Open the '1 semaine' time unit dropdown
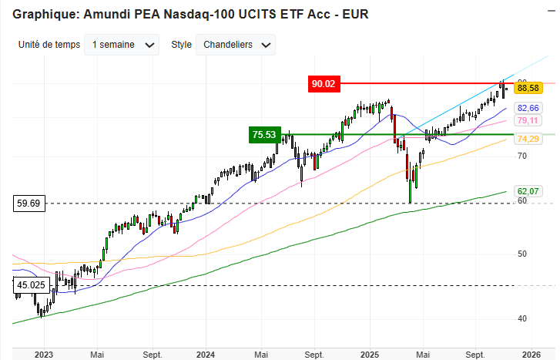(123, 45)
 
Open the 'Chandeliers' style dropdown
(236, 45)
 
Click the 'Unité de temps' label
(49, 45)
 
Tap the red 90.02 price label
(324, 83)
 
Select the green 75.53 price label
(264, 134)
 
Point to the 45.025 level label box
(30, 285)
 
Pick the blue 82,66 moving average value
(528, 108)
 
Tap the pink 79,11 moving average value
(528, 120)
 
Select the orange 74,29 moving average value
(528, 139)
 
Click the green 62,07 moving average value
(528, 190)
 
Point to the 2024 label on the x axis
(205, 355)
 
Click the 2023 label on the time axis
(44, 355)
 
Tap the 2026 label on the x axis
(530, 355)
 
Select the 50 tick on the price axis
(521, 254)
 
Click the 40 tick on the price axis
(521, 319)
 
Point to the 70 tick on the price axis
(521, 156)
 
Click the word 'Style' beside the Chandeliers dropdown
(181, 45)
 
